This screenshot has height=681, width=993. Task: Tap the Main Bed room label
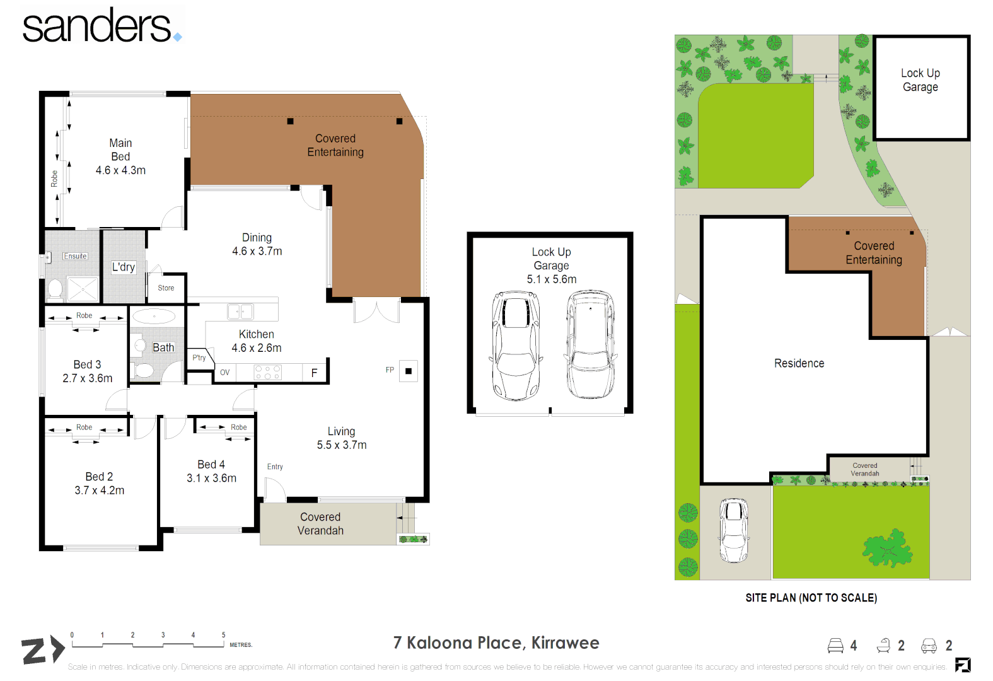click(x=120, y=149)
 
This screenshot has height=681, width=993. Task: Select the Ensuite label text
click(x=75, y=256)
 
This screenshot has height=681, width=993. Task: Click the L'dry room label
click(x=124, y=267)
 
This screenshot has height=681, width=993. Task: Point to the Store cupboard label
click(x=166, y=288)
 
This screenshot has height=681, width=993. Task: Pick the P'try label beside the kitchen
click(x=199, y=358)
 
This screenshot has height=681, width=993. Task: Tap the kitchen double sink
click(x=240, y=311)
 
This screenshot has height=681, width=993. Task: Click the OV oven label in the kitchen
click(x=225, y=373)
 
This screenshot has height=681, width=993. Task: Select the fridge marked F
click(x=314, y=373)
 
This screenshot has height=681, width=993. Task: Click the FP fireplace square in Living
click(x=408, y=371)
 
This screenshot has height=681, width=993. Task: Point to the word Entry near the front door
click(x=275, y=467)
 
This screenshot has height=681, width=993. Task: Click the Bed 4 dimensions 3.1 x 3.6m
click(x=211, y=479)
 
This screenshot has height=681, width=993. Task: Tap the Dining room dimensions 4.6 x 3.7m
click(x=257, y=251)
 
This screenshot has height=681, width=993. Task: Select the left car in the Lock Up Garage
click(x=516, y=346)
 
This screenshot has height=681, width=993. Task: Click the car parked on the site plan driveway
click(x=734, y=530)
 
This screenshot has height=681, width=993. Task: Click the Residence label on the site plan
click(x=799, y=363)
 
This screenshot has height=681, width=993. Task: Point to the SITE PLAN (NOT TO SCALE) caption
click(x=811, y=598)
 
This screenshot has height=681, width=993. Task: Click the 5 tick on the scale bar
click(x=223, y=636)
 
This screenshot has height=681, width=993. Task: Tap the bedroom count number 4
click(x=853, y=646)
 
